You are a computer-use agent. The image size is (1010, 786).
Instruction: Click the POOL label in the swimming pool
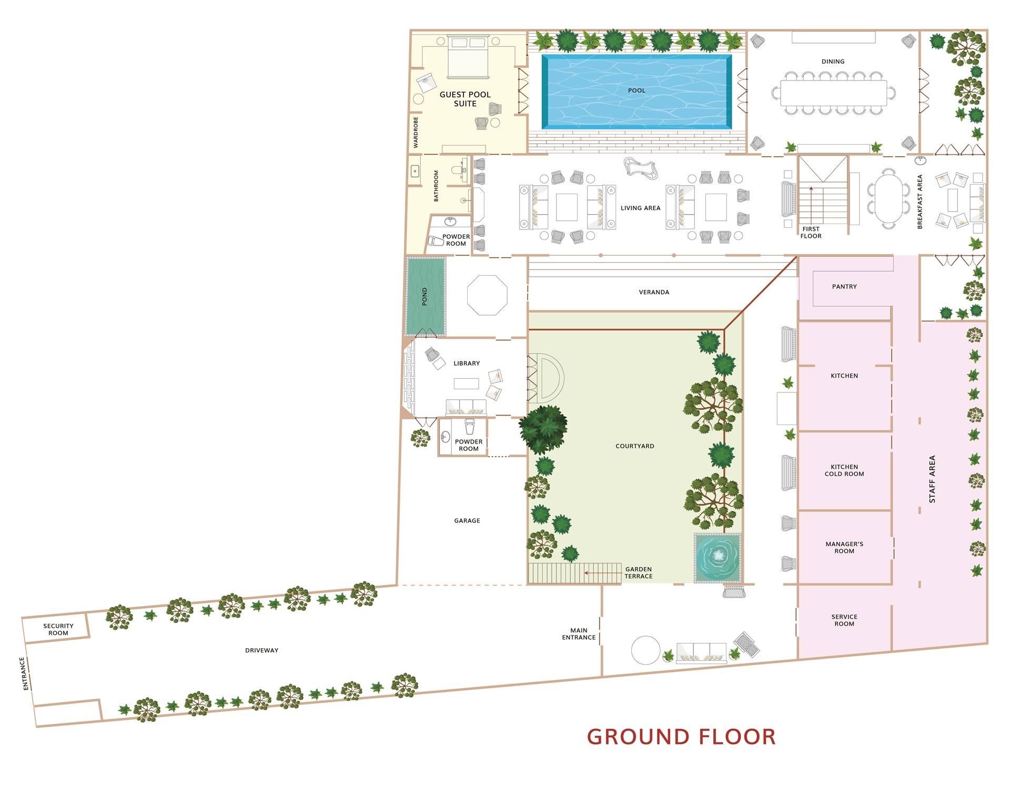(636, 90)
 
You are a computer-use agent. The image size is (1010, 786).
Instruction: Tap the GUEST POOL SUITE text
(465, 99)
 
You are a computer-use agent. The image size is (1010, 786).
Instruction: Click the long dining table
(834, 93)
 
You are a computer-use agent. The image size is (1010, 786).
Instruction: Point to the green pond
(426, 296)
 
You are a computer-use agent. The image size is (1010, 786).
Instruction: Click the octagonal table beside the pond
(487, 295)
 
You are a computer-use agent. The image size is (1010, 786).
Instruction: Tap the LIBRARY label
(467, 364)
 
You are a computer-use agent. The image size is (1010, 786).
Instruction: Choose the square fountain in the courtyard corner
(718, 558)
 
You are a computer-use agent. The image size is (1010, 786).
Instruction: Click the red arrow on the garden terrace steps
(602, 573)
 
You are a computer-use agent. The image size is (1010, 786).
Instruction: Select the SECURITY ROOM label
(58, 629)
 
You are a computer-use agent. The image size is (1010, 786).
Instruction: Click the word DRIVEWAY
(261, 650)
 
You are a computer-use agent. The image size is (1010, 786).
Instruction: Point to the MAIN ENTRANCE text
(579, 633)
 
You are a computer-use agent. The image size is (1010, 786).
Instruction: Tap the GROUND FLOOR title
(681, 737)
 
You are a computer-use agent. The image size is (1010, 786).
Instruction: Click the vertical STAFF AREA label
(932, 479)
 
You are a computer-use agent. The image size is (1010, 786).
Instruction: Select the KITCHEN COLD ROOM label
(844, 470)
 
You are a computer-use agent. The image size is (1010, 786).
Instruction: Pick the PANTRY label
(844, 287)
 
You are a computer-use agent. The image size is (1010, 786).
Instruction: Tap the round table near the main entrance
(645, 650)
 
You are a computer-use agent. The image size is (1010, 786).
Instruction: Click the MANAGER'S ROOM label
(844, 548)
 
